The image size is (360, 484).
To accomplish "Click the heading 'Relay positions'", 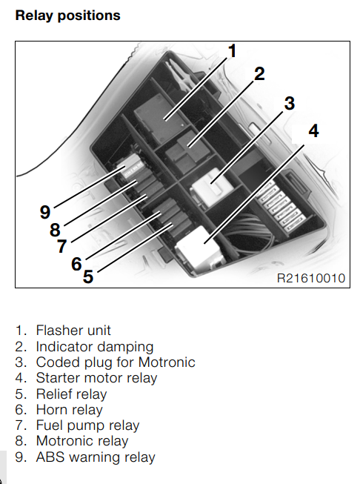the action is (x=67, y=16).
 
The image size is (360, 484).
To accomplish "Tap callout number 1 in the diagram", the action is (x=232, y=51).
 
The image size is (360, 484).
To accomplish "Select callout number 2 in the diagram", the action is (x=259, y=74).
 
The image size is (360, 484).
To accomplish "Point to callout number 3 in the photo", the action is (x=290, y=103).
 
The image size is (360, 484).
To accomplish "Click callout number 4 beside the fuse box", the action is (x=313, y=131).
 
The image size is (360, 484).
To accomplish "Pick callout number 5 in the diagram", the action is (x=88, y=276).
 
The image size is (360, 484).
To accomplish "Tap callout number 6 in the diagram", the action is (x=76, y=264).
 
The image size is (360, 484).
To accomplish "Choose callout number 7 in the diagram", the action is (x=62, y=246).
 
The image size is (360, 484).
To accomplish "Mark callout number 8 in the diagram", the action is (x=55, y=230).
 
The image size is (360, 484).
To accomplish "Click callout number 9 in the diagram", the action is (x=45, y=213).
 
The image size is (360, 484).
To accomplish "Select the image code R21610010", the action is (x=311, y=278).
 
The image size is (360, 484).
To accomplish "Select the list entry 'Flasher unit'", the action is (x=73, y=331).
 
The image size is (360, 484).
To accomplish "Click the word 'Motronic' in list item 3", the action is (x=167, y=362).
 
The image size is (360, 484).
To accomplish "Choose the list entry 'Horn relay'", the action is (x=69, y=410).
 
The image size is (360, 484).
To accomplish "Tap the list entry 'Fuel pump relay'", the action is (x=87, y=425).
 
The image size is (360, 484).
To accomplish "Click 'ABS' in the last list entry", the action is (x=50, y=457).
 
